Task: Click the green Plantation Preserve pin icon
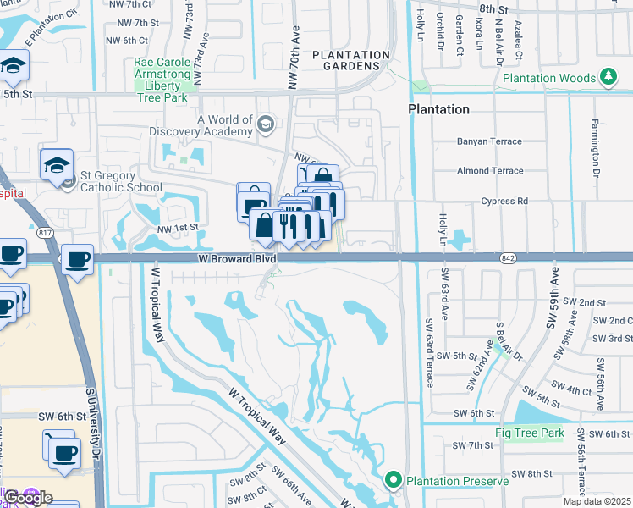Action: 393,481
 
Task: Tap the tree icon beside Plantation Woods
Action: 608,78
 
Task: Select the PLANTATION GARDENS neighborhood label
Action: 351,60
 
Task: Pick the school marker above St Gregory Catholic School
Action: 57,163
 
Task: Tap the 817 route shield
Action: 44,233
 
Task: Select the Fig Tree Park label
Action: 530,433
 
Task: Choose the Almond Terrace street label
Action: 490,170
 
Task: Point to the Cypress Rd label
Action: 504,201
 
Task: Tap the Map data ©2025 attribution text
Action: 597,501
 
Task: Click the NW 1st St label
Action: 177,227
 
